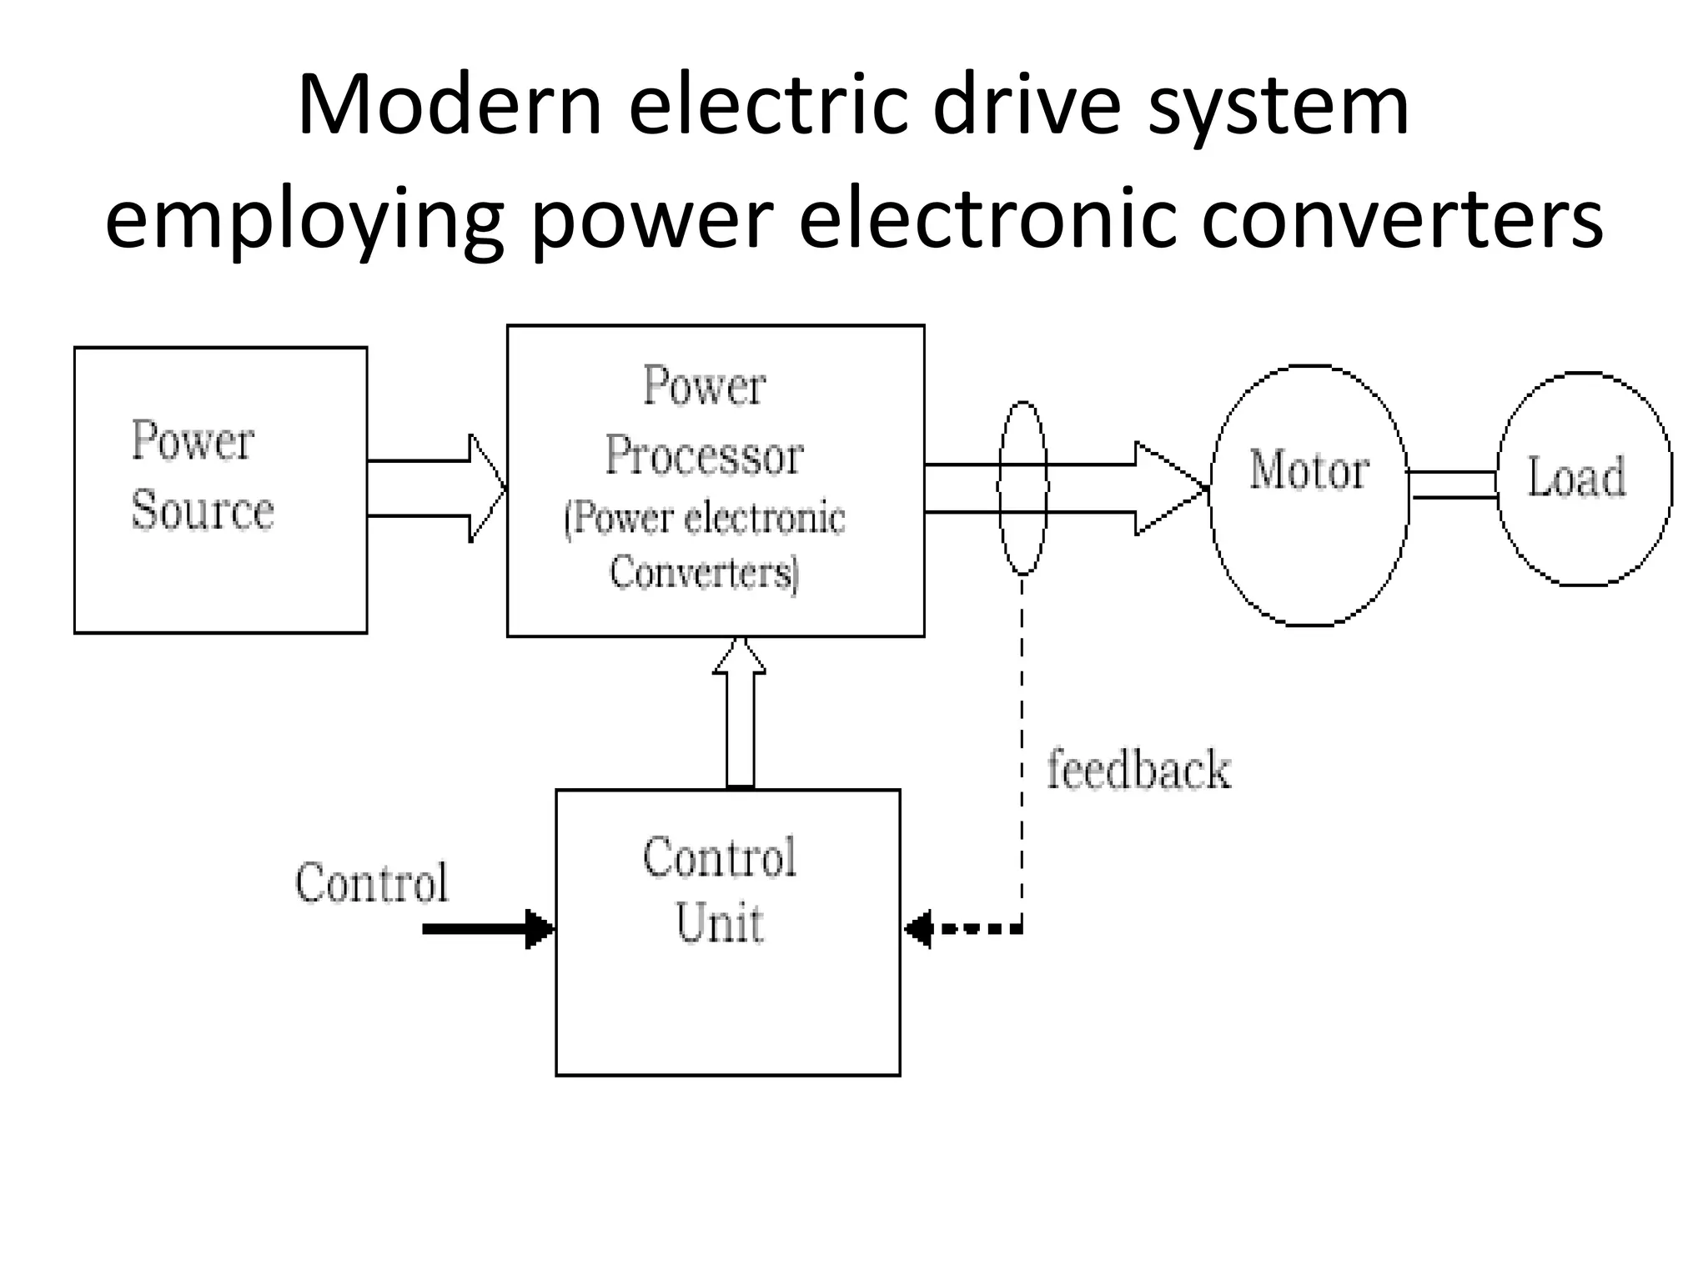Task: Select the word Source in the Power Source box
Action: coord(203,510)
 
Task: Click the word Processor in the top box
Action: coord(703,456)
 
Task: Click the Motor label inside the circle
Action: coord(1309,471)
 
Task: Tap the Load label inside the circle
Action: coord(1576,478)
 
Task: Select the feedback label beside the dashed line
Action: coord(1138,770)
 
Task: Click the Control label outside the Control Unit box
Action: coord(372,882)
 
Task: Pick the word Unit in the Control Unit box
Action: coord(719,923)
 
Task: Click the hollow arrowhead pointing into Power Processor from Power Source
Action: coord(487,489)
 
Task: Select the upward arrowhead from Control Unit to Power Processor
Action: coord(740,657)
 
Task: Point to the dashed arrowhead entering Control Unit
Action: coord(919,928)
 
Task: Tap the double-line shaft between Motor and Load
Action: coord(1453,485)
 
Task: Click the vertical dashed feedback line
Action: coord(1022,751)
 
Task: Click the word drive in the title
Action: coord(1026,106)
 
